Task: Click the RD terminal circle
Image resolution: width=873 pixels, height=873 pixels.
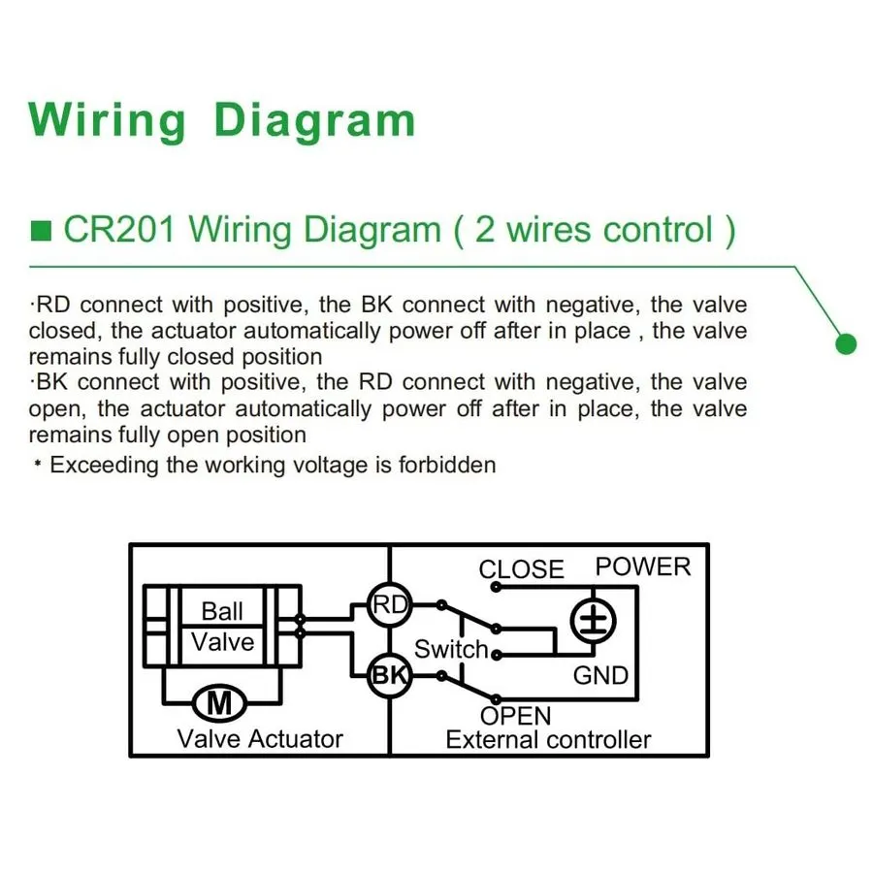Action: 390,605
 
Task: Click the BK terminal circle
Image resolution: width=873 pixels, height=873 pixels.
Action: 390,675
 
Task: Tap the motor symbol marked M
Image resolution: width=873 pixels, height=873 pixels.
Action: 219,703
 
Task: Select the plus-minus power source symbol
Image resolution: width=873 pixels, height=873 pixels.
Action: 594,621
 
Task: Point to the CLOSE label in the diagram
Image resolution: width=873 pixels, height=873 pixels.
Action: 521,569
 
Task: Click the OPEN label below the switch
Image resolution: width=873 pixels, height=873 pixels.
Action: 516,716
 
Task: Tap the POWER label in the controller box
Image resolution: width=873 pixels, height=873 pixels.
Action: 643,566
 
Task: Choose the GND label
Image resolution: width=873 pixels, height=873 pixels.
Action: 600,676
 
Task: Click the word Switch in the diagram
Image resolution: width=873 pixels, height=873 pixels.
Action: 451,649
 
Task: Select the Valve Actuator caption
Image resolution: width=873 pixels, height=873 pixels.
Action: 260,739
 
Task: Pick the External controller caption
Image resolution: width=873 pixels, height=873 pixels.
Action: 548,740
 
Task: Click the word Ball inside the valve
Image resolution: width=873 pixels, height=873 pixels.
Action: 222,611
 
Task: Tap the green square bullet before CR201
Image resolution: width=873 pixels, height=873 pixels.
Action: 41,231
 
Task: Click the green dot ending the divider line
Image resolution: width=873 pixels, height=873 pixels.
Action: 846,343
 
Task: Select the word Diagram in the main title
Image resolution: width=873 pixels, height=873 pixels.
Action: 315,121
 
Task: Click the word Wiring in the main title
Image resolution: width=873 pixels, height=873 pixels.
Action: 108,121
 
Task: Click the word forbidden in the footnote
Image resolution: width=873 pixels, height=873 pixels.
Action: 447,465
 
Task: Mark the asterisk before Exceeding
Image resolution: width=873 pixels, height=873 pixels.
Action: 38,464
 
